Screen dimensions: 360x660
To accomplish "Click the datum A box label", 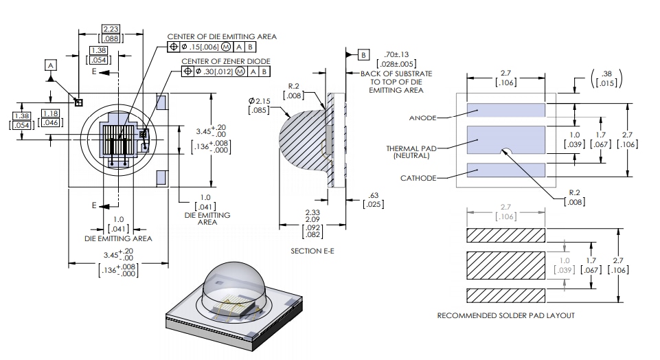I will pyautogui.click(x=51, y=65).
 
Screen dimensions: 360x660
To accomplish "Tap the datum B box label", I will pyautogui.click(x=363, y=54).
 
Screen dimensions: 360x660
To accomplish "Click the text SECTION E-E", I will pyautogui.click(x=312, y=251).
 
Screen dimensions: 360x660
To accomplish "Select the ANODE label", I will pyautogui.click(x=422, y=118).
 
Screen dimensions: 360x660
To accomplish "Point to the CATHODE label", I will pyautogui.click(x=418, y=178).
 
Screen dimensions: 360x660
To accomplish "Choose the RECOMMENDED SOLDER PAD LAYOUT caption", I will pyautogui.click(x=505, y=315).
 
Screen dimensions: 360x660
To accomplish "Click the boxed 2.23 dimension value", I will pyautogui.click(x=110, y=29).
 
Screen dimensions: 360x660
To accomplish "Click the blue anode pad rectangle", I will pyautogui.click(x=506, y=109).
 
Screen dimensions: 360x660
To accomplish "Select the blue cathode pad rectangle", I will pyautogui.click(x=506, y=170).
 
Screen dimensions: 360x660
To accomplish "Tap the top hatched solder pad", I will pyautogui.click(x=506, y=235).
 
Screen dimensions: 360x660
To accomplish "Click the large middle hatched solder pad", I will pyautogui.click(x=506, y=265).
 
